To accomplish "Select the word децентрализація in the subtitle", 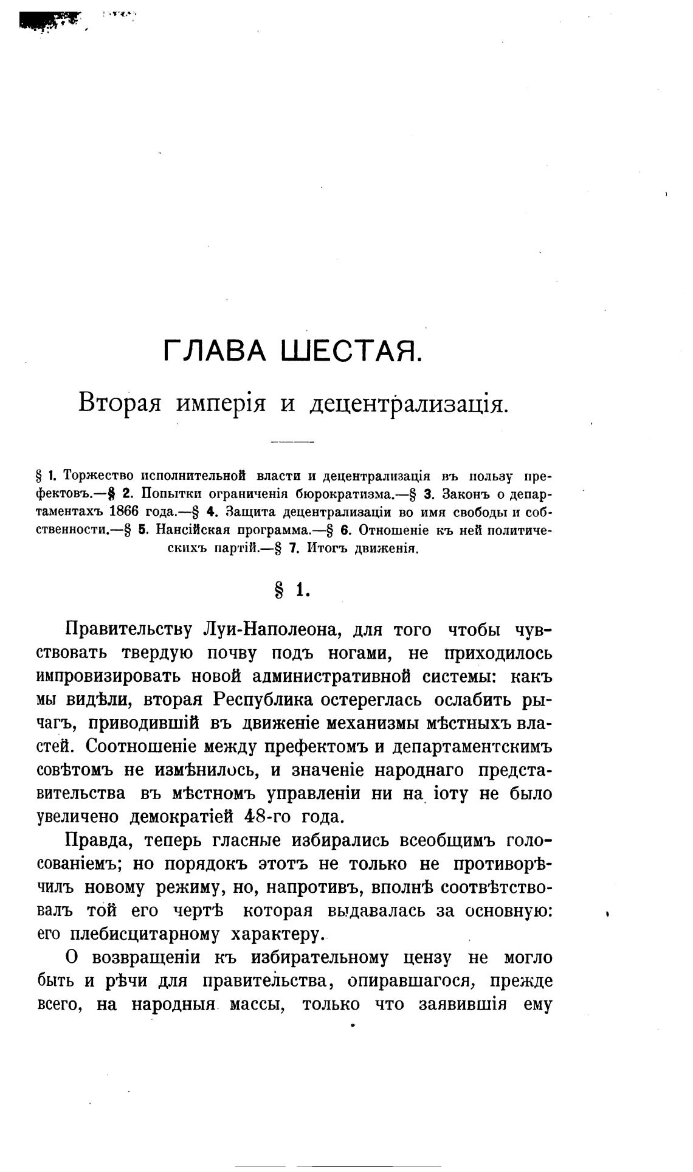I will [x=409, y=404].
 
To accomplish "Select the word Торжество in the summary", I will [x=98, y=475].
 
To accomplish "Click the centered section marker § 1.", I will [x=292, y=589].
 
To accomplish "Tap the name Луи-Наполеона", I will [x=265, y=629].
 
